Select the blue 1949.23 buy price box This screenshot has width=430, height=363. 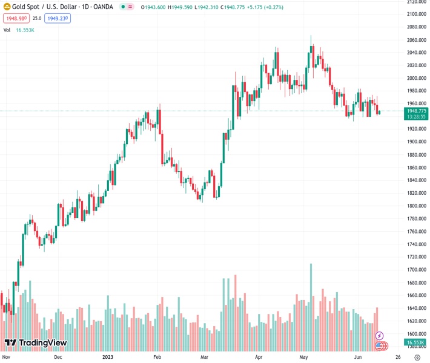click(58, 18)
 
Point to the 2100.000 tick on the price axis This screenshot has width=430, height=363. click(416, 14)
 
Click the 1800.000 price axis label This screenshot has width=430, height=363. click(416, 206)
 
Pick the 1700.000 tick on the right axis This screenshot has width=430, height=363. click(416, 270)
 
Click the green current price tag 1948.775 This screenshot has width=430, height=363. click(416, 111)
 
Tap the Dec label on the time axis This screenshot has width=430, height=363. click(58, 357)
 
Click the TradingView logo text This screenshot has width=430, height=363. click(42, 343)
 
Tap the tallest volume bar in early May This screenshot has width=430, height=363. click(311, 302)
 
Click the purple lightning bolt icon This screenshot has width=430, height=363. click(380, 335)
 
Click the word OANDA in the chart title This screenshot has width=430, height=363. click(101, 7)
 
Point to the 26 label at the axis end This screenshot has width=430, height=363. click(397, 357)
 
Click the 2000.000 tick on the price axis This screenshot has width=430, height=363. click(416, 78)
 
